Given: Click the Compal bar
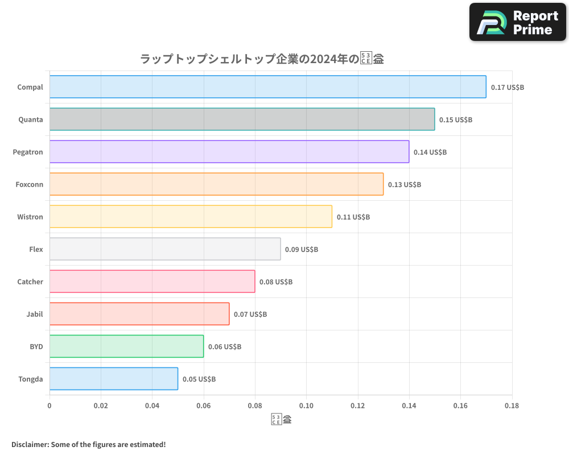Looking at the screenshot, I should click(267, 87).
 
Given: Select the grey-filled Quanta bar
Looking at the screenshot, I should click(242, 119).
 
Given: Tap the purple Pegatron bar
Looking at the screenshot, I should click(229, 152).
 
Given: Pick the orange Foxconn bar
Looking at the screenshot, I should click(216, 184).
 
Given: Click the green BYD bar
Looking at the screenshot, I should click(126, 346).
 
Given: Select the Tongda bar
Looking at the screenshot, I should click(113, 379).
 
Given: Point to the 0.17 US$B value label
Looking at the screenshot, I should click(508, 88).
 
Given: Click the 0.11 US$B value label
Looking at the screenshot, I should click(353, 217).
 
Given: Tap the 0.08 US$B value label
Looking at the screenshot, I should click(276, 282).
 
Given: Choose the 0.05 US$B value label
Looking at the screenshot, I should click(199, 379).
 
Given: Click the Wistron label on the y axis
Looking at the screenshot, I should click(30, 217).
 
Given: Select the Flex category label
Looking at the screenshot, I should click(36, 250).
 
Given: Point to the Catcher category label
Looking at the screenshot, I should click(30, 282).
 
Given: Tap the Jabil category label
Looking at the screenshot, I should click(35, 315).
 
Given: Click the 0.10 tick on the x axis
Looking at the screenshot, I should click(306, 406).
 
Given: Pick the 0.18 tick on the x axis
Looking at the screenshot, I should click(512, 406).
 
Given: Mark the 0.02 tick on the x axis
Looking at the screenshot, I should click(101, 406).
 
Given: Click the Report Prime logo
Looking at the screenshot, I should click(517, 22).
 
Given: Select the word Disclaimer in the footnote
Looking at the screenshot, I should click(30, 445).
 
